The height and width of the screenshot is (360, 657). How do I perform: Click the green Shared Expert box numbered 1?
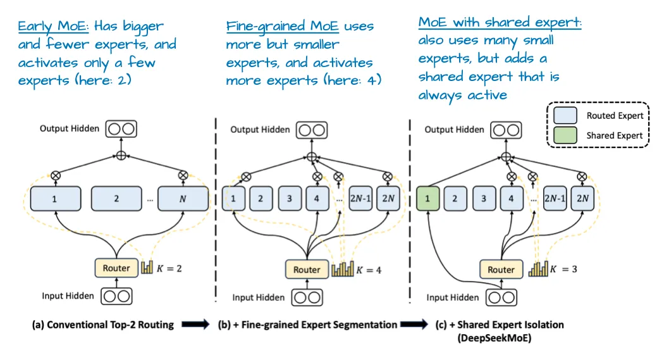click(427, 199)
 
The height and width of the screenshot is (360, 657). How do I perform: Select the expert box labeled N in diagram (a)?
click(183, 199)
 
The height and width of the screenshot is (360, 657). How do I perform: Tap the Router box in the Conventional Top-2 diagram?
click(116, 268)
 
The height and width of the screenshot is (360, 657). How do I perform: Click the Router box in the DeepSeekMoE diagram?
click(501, 270)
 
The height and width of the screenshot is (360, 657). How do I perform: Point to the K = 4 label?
click(369, 270)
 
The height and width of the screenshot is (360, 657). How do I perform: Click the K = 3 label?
click(563, 270)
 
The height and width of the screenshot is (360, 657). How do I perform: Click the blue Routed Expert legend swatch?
click(564, 116)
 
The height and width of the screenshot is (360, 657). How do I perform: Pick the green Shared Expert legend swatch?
click(564, 135)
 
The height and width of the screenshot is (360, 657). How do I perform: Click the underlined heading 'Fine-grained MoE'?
click(283, 27)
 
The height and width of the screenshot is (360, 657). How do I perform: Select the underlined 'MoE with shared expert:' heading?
click(500, 23)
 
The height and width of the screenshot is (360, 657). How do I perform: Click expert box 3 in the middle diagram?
click(289, 199)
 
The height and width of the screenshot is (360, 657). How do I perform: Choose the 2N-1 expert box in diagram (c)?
click(553, 199)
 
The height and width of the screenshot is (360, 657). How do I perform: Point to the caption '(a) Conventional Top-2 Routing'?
click(103, 325)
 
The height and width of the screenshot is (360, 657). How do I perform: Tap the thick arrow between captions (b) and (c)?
click(415, 325)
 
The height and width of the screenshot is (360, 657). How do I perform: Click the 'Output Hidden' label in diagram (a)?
click(70, 128)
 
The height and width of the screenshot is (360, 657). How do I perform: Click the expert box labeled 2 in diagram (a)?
click(116, 199)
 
